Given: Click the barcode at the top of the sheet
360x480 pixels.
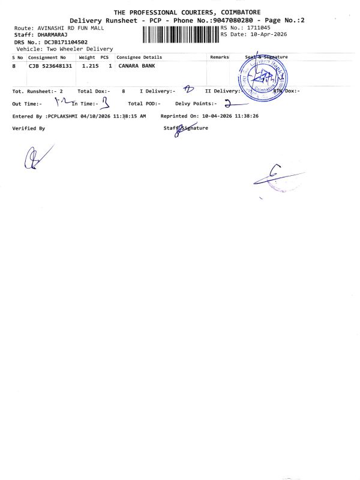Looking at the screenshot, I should pyautogui.click(x=181, y=35).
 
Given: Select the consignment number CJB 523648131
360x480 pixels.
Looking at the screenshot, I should pyautogui.click(x=50, y=65).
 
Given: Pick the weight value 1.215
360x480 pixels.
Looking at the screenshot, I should pyautogui.click(x=90, y=65).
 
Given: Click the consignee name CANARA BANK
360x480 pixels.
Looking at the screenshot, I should pyautogui.click(x=137, y=65).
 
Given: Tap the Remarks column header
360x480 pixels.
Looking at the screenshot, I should pyautogui.click(x=219, y=57).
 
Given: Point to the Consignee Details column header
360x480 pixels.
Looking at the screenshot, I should pyautogui.click(x=139, y=57).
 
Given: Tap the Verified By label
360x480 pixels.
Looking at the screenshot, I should pyautogui.click(x=28, y=128).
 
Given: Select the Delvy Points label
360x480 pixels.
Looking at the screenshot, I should pyautogui.click(x=195, y=103).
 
